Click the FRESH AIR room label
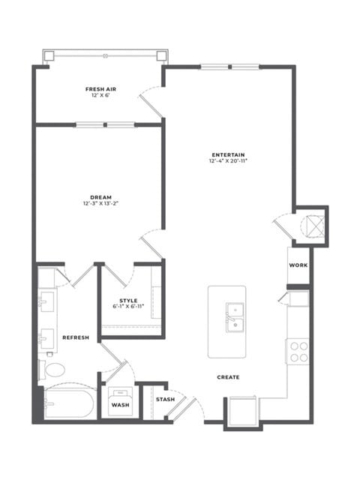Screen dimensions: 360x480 100,89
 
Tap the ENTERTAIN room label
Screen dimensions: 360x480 228,154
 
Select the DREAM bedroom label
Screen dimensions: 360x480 100,197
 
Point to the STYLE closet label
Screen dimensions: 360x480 128,301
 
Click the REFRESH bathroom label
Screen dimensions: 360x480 76,337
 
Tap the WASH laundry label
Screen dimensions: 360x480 120,405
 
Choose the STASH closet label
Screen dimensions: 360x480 165,400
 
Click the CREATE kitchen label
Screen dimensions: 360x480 228,377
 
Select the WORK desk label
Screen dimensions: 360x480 298,265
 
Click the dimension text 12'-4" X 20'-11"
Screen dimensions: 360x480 228,160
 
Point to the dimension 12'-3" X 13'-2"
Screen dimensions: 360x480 100,203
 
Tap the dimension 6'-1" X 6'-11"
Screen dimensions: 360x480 128,307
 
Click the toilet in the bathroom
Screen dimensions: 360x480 52,370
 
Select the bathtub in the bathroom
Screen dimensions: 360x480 69,403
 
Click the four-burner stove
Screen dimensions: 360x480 298,352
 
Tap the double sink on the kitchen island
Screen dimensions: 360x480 235,317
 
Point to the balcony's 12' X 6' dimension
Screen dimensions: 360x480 100,95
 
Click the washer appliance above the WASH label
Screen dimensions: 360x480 120,400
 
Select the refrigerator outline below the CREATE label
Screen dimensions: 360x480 242,411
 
